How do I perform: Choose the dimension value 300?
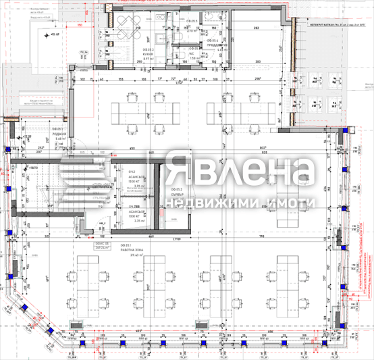pos(257,61)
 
